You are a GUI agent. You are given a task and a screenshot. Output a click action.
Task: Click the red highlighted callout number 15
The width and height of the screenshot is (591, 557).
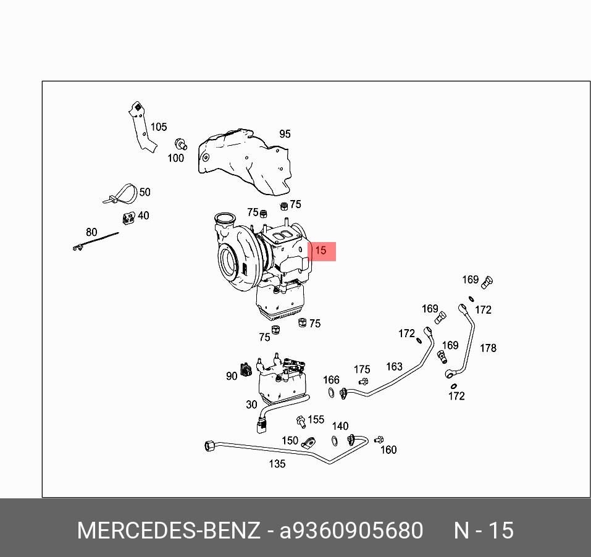click(x=321, y=251)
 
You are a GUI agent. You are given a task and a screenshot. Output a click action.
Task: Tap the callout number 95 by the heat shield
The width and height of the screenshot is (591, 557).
click(x=285, y=134)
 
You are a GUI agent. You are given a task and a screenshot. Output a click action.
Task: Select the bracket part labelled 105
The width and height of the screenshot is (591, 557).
click(x=142, y=127)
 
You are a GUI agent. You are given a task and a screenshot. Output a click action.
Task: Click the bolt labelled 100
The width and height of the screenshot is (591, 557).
click(x=180, y=144)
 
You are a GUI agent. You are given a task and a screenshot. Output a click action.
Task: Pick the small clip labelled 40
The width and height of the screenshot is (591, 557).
click(x=128, y=218)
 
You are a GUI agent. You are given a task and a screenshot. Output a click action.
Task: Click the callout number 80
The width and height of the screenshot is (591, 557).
click(x=91, y=232)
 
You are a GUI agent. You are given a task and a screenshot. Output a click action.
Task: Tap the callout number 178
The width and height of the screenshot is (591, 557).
click(x=488, y=348)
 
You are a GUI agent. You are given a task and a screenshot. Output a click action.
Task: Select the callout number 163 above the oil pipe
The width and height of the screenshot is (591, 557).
click(x=394, y=367)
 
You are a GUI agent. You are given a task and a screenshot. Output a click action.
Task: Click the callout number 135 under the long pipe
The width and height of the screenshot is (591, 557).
click(x=277, y=464)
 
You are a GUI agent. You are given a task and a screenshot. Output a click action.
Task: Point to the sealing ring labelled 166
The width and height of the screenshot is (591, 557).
click(x=331, y=392)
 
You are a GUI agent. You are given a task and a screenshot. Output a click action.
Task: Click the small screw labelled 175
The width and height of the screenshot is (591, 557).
click(x=363, y=382)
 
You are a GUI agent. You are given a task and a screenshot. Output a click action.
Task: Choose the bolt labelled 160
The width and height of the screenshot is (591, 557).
click(x=379, y=440)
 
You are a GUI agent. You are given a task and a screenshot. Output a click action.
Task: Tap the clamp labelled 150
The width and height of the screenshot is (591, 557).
click(x=308, y=443)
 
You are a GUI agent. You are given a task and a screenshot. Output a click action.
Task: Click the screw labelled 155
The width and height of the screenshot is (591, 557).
click(x=301, y=422)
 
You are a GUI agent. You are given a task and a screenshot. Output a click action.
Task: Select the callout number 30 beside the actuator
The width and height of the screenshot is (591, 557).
click(x=251, y=404)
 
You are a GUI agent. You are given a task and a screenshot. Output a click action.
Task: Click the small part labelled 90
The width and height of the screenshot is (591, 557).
click(x=246, y=369)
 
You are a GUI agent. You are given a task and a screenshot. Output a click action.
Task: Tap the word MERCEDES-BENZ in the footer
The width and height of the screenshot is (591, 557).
click(x=169, y=530)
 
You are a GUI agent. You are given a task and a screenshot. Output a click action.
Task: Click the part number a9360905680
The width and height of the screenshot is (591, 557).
click(x=351, y=530)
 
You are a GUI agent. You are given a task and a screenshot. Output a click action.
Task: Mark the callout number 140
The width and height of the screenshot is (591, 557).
click(x=340, y=426)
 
